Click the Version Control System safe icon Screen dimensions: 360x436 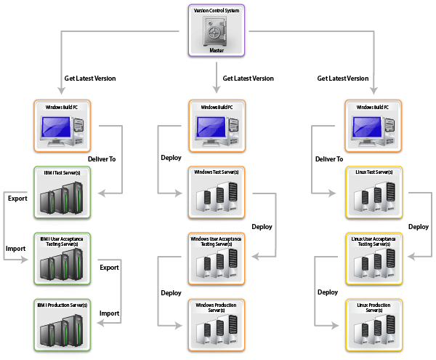click(217, 31)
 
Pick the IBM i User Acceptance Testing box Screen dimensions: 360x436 click(62, 258)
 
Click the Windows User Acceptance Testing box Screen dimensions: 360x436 click(217, 258)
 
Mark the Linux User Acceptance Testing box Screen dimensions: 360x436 click(371, 258)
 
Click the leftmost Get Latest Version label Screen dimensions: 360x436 click(90, 79)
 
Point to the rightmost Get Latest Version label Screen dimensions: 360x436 click(343, 79)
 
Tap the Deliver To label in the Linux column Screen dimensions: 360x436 click(329, 159)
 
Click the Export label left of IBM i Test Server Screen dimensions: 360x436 click(17, 198)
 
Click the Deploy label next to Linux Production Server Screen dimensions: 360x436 click(328, 292)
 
